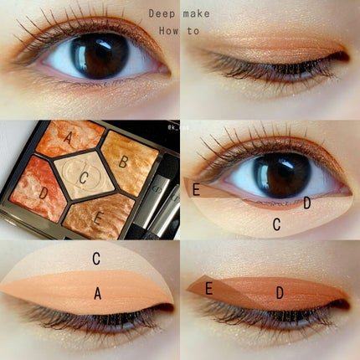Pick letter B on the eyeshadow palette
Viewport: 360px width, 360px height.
coord(125,160)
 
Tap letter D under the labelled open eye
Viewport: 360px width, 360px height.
coord(307,203)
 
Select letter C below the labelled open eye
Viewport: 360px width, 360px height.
coord(277,224)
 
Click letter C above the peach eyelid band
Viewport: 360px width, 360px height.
coord(96,259)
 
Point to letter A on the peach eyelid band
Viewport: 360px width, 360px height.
coord(97,293)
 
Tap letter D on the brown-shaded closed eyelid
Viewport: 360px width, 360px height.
coord(280,292)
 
